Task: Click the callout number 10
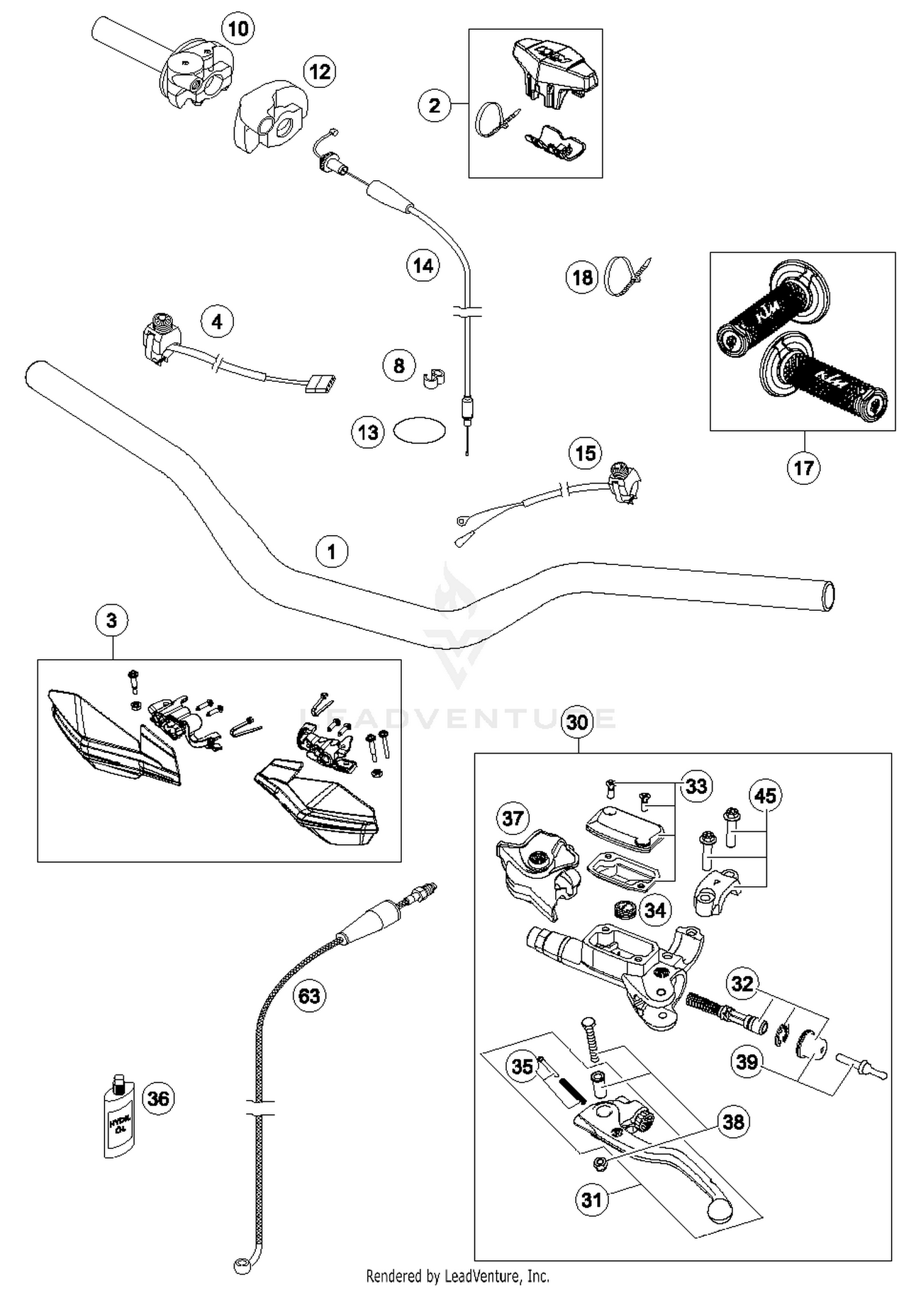pos(238,28)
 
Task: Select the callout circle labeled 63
pos(310,996)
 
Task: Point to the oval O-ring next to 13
pos(419,431)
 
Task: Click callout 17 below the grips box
pos(804,468)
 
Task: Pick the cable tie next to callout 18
pos(623,275)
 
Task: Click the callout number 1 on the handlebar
pos(332,552)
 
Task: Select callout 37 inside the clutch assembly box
pos(512,818)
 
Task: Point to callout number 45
pos(765,795)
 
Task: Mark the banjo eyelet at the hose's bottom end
pos(242,1263)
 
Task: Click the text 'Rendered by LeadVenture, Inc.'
pos(457,1276)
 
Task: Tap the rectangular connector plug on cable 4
pos(321,384)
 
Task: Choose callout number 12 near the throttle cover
pos(320,72)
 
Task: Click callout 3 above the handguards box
pos(112,621)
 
